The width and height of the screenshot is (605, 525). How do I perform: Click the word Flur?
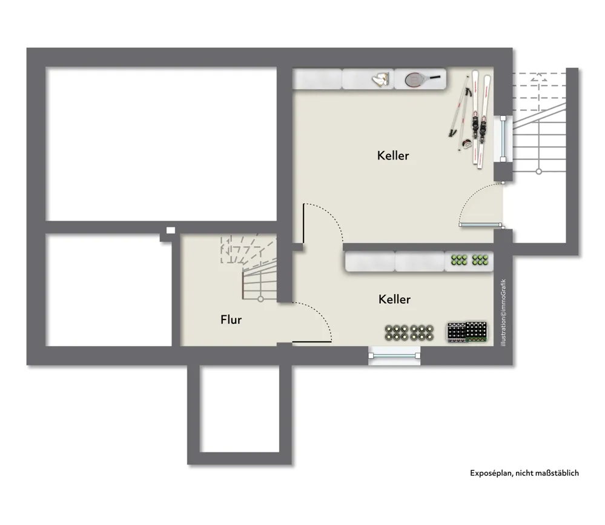tap(231, 319)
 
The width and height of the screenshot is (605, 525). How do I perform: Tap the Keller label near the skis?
tap(393, 155)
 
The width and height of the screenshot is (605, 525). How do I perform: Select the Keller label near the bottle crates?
tap(394, 299)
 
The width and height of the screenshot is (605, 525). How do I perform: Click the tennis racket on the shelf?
tap(423, 79)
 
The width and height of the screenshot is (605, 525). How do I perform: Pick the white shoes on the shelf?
tap(381, 79)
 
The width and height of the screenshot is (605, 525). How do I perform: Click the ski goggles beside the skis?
tap(466, 144)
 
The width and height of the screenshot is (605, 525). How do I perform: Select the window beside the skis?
tap(503, 138)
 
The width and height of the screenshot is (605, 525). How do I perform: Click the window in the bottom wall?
tap(394, 356)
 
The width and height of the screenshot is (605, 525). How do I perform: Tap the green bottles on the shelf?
tap(469, 260)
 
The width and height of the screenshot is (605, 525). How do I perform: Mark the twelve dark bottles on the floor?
tap(409, 333)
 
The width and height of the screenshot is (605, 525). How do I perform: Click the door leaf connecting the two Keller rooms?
tap(303, 223)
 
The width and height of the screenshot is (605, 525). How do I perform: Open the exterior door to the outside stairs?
tap(480, 224)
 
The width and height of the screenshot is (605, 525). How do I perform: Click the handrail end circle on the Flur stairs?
tap(260, 299)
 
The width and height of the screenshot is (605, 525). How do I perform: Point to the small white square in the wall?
tap(171, 230)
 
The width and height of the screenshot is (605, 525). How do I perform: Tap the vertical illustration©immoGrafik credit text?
tap(503, 313)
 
